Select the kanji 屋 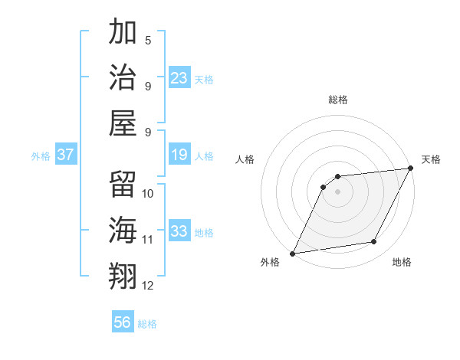pyautogui.click(x=123, y=123)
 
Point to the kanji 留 pyautogui.click(x=123, y=185)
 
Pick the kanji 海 pyautogui.click(x=123, y=231)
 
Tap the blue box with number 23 pyautogui.click(x=179, y=77)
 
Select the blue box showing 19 pyautogui.click(x=179, y=155)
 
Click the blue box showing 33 pyautogui.click(x=179, y=231)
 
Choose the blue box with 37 pyautogui.click(x=66, y=155)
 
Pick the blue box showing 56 pyautogui.click(x=123, y=322)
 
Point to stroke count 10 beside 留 pyautogui.click(x=149, y=193)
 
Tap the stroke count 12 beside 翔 pyautogui.click(x=148, y=286)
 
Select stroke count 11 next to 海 pyautogui.click(x=148, y=240)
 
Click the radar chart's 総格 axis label pyautogui.click(x=338, y=100)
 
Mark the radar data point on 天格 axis pyautogui.click(x=412, y=169)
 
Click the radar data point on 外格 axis pyautogui.click(x=292, y=253)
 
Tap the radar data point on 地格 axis pyautogui.click(x=374, y=242)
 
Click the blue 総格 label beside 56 pyautogui.click(x=147, y=324)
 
